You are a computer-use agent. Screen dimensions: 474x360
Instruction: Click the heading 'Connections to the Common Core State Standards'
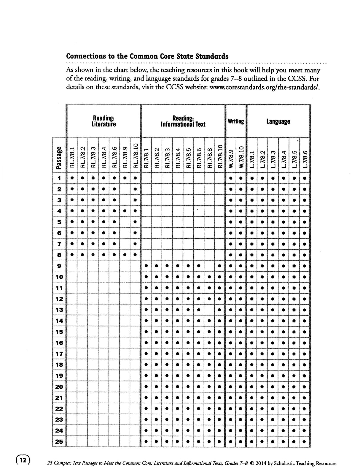pyautogui.click(x=147, y=56)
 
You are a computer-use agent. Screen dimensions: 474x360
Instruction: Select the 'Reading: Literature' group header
pyautogui.click(x=103, y=121)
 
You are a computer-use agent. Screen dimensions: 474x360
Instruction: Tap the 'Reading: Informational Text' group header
pyautogui.click(x=183, y=121)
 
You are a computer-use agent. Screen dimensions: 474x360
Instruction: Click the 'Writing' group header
pyautogui.click(x=236, y=121)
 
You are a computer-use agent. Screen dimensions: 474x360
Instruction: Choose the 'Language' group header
pyautogui.click(x=278, y=121)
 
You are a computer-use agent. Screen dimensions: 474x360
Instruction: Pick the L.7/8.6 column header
pyautogui.click(x=305, y=158)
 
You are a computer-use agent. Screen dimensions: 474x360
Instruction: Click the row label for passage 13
pyautogui.click(x=59, y=310)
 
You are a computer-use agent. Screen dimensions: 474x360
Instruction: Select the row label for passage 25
pyautogui.click(x=59, y=442)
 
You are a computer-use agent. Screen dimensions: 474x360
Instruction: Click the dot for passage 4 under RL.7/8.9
pyautogui.click(x=125, y=211)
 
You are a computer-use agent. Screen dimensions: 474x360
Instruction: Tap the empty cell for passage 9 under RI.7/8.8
pyautogui.click(x=209, y=266)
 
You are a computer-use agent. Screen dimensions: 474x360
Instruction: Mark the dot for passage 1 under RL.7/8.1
pyautogui.click(x=72, y=178)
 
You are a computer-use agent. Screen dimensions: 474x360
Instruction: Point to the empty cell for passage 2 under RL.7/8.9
pyautogui.click(x=125, y=189)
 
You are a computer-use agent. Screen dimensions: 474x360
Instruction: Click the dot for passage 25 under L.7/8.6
pyautogui.click(x=305, y=442)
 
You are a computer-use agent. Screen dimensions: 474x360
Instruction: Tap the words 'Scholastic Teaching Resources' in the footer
pyautogui.click(x=305, y=463)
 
